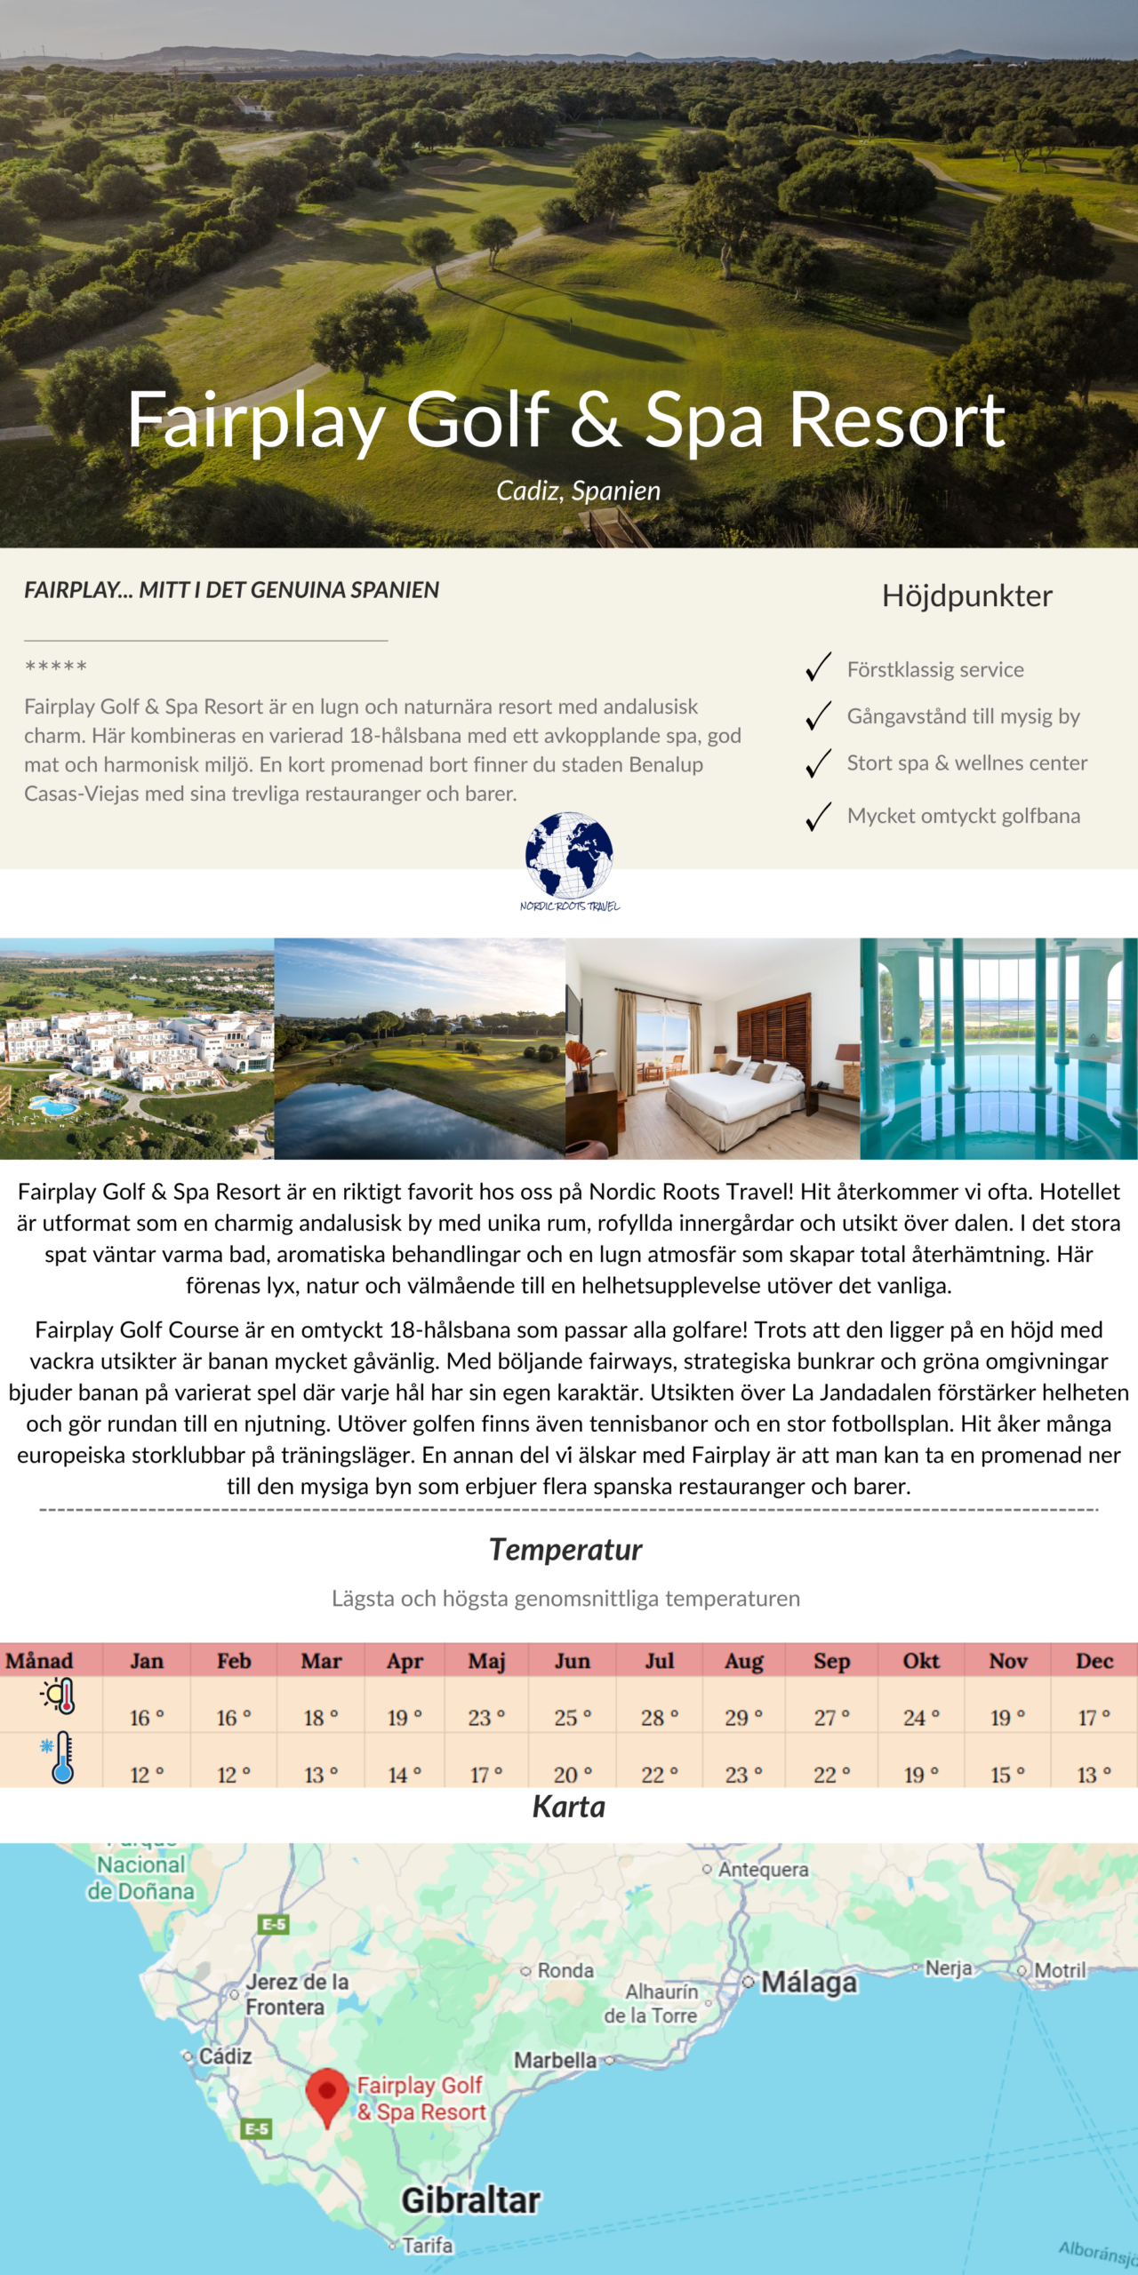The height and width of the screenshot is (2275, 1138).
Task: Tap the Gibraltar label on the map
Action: (470, 2200)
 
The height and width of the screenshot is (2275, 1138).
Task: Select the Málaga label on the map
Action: (808, 1982)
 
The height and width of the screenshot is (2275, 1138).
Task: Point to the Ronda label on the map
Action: (565, 1970)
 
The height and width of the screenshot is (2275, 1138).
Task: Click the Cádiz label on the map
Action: (224, 2056)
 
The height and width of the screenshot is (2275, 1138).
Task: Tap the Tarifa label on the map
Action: (427, 2246)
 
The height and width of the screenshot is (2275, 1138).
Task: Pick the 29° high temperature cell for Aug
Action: (743, 1718)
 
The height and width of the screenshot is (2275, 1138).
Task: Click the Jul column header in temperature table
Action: (659, 1660)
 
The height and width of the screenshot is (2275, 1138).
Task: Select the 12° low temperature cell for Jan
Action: (147, 1775)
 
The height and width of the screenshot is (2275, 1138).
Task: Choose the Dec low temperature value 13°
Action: (1094, 1775)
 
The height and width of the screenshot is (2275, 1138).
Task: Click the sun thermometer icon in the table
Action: (60, 1696)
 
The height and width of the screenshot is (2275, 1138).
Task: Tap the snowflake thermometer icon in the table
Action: (60, 1757)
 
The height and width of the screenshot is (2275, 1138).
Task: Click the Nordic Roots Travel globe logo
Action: (569, 856)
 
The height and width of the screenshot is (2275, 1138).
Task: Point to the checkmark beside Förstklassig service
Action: (818, 667)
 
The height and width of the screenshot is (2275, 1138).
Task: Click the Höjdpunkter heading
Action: (966, 595)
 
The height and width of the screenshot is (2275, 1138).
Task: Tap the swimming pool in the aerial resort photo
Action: (53, 1106)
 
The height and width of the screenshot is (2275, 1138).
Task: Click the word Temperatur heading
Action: (565, 1549)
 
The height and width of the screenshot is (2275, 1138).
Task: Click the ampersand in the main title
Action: (595, 419)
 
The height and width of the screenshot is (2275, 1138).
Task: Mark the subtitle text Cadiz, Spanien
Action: (578, 491)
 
